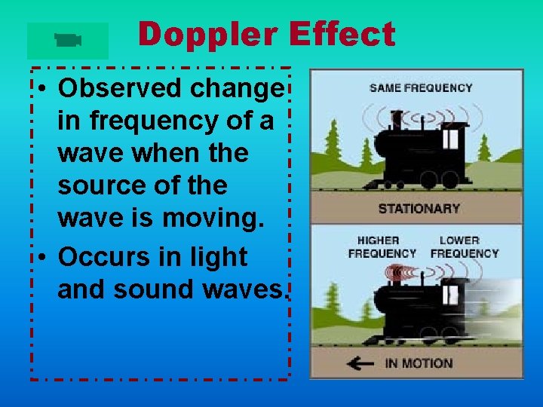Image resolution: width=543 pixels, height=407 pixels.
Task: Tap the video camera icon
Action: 68,41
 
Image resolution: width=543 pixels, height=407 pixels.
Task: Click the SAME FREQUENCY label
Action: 421,87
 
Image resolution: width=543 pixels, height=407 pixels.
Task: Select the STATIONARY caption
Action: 419,208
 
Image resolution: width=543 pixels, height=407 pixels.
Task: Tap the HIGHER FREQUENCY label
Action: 382,247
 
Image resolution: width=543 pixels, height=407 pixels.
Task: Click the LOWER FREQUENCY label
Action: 465,247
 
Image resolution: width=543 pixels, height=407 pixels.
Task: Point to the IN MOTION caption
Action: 419,363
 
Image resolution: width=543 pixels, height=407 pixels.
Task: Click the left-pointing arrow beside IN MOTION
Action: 360,363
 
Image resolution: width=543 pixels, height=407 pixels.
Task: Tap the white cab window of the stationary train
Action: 451,139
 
